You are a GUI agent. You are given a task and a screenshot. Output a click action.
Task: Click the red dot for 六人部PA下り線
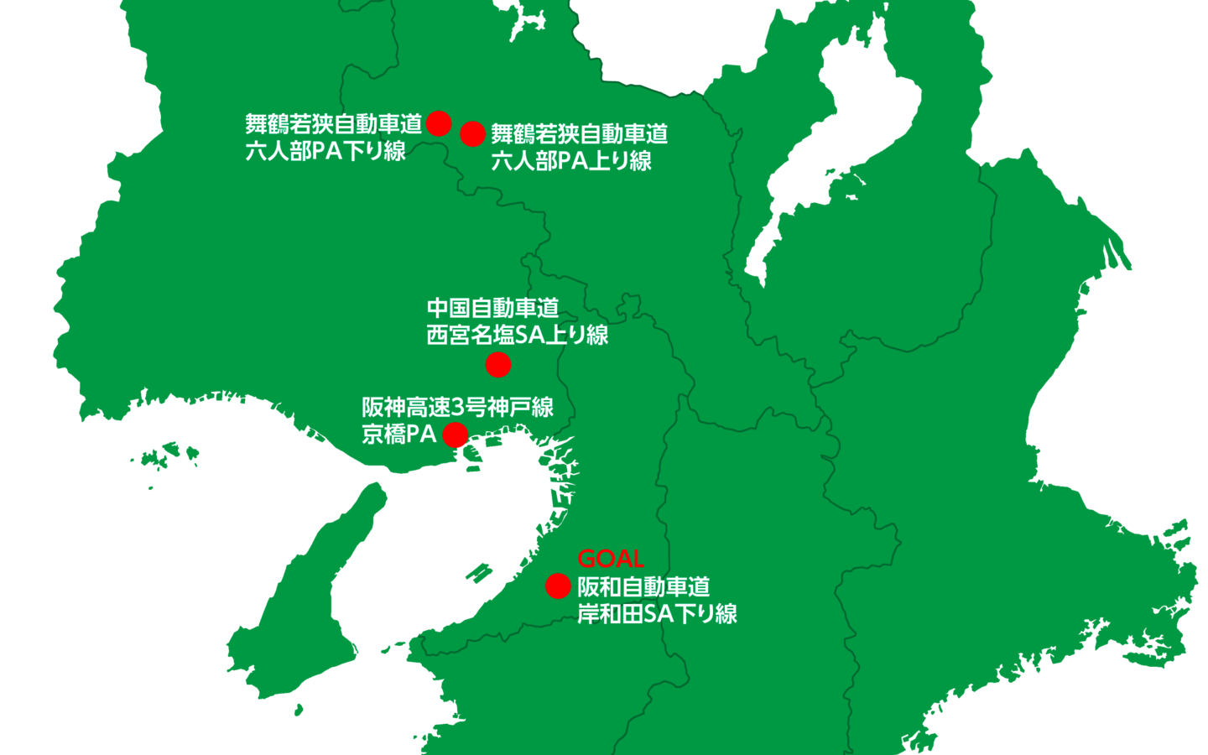(439, 123)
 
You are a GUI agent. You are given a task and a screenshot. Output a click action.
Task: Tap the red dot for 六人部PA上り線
(472, 133)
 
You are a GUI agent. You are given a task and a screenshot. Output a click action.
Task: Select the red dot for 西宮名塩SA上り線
(498, 365)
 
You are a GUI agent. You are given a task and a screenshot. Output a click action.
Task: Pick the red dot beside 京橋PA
(455, 435)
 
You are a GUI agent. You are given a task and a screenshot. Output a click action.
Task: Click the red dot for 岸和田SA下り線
(558, 586)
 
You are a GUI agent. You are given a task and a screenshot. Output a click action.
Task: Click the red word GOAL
(610, 559)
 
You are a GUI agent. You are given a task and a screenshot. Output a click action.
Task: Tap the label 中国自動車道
(492, 308)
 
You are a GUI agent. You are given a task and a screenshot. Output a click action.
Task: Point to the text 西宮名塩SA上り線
(517, 335)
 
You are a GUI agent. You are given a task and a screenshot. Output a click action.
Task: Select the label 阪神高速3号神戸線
(457, 408)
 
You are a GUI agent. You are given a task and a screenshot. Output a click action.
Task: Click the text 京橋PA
(398, 435)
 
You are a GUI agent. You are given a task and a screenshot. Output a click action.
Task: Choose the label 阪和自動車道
(643, 586)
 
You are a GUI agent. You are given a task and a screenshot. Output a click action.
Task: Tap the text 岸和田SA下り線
(657, 614)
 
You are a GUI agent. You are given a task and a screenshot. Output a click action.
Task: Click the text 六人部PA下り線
(325, 151)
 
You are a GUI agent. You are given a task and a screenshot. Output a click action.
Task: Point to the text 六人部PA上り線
(571, 161)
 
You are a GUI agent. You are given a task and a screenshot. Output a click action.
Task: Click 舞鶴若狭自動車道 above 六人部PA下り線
(333, 124)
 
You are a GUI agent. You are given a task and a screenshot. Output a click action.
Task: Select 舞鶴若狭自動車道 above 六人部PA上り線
(579, 134)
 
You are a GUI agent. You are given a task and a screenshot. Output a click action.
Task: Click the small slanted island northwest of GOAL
(479, 573)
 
